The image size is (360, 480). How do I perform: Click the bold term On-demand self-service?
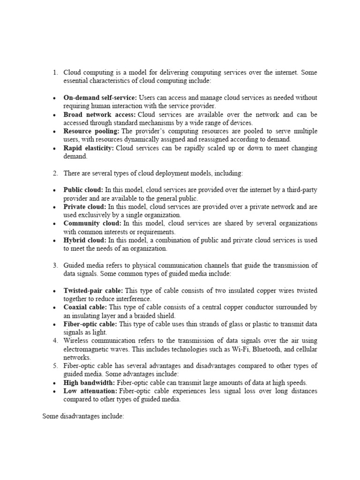[100, 97]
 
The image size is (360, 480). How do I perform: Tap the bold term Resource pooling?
[91, 131]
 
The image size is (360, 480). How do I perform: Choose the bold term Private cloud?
[85, 207]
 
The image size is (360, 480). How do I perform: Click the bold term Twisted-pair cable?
[93, 291]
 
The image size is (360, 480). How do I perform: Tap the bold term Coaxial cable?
[85, 307]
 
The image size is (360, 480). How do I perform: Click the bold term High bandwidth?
[89, 382]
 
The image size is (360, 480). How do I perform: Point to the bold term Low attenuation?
[90, 391]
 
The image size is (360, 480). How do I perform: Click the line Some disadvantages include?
[83, 416]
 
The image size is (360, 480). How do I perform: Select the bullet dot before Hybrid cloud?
[55, 240]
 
